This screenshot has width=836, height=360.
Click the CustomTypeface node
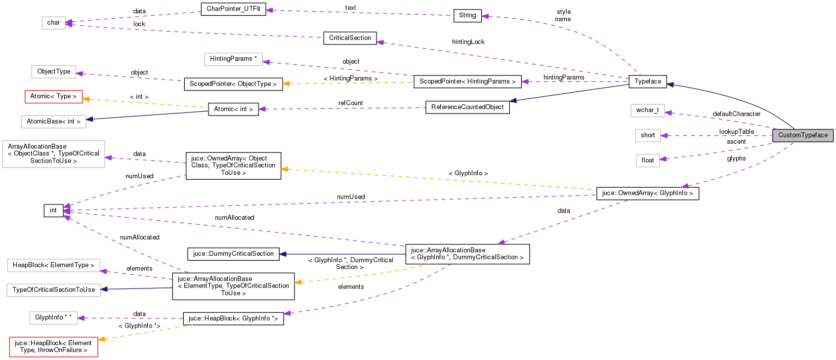pos(803,135)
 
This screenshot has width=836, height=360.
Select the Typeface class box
pos(648,81)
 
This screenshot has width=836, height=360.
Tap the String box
pos(467,15)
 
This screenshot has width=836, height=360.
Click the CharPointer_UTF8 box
pos(233,9)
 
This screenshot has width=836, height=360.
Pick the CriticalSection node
pos(350,38)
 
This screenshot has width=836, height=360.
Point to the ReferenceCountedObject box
pos(467,107)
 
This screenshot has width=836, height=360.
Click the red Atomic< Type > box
pos(53,96)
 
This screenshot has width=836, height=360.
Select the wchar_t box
pos(647,110)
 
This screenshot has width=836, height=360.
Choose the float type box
pos(647,160)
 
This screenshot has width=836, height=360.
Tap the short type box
pos(647,135)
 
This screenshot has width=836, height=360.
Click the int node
pos(53,210)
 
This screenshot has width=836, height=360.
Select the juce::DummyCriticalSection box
pos(233,254)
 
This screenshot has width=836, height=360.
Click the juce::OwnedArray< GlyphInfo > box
pos(647,193)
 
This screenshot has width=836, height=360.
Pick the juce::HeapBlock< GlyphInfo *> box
pos(233,319)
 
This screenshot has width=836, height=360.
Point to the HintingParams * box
pos(233,59)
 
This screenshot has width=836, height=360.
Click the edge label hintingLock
pos(468,42)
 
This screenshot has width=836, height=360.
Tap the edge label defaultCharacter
pos(736,114)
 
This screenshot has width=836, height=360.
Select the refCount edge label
pos(350,103)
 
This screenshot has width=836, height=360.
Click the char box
pos(53,23)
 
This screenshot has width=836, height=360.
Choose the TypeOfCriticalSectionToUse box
pos(53,290)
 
